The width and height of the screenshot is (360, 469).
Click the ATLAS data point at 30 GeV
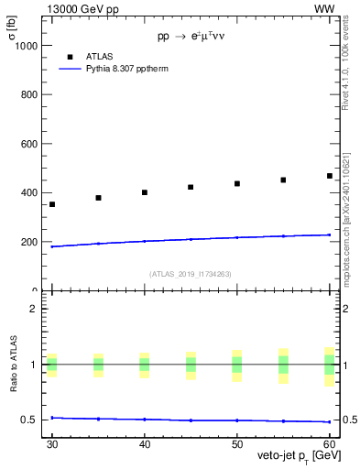(52, 204)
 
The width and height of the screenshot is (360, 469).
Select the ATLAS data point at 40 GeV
(145, 192)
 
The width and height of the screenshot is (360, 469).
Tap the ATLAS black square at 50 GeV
(237, 183)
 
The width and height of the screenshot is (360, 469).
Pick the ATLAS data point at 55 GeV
(283, 180)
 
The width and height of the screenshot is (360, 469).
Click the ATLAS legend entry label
(100, 56)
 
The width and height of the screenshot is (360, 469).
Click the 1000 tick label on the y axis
(31, 45)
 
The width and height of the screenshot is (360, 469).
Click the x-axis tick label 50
(237, 443)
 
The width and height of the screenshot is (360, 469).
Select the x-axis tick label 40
(145, 443)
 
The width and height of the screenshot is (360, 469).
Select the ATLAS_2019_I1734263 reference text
(191, 274)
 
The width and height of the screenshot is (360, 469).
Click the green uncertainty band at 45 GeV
(191, 365)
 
